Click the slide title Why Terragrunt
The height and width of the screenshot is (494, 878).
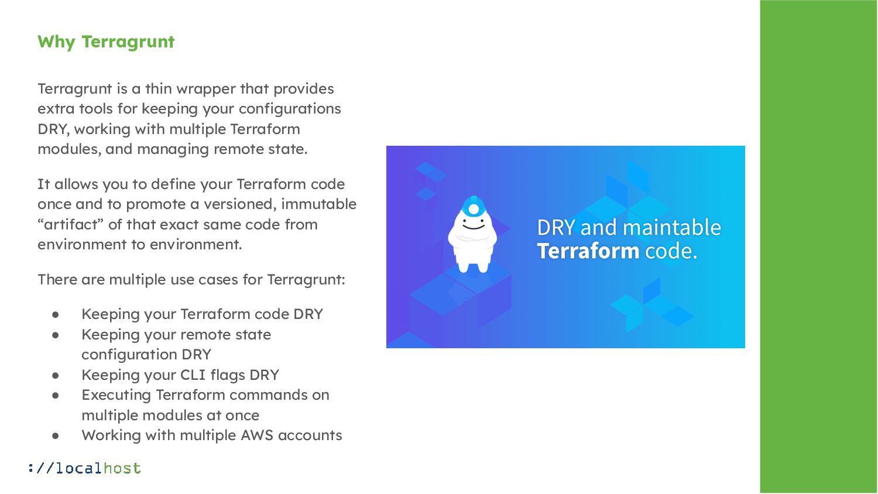click(x=106, y=42)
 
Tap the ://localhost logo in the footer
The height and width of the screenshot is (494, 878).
click(x=84, y=468)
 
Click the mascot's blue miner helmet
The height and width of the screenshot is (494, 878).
click(x=474, y=207)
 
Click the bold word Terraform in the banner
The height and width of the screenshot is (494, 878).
click(x=588, y=251)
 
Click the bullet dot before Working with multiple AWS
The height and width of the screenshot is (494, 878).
click(x=56, y=435)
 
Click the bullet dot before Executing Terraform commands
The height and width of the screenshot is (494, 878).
click(x=56, y=395)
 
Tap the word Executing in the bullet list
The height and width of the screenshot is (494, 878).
click(x=116, y=395)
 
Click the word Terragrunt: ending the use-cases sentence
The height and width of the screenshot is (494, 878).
click(x=306, y=280)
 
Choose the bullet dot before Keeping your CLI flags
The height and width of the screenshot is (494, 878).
click(x=56, y=375)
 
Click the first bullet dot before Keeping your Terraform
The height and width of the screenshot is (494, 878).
click(x=56, y=314)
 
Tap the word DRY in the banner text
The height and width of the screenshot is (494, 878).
click(x=556, y=227)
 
